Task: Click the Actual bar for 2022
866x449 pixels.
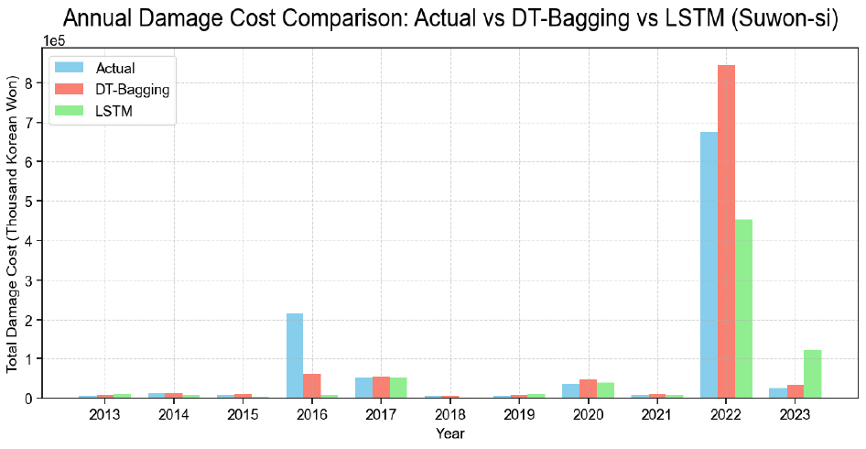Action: (x=709, y=265)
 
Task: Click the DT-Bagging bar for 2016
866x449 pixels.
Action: (x=312, y=386)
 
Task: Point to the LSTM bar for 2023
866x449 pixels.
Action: (x=812, y=374)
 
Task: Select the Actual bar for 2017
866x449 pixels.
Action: (x=363, y=388)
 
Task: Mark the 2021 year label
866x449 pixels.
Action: (x=657, y=414)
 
